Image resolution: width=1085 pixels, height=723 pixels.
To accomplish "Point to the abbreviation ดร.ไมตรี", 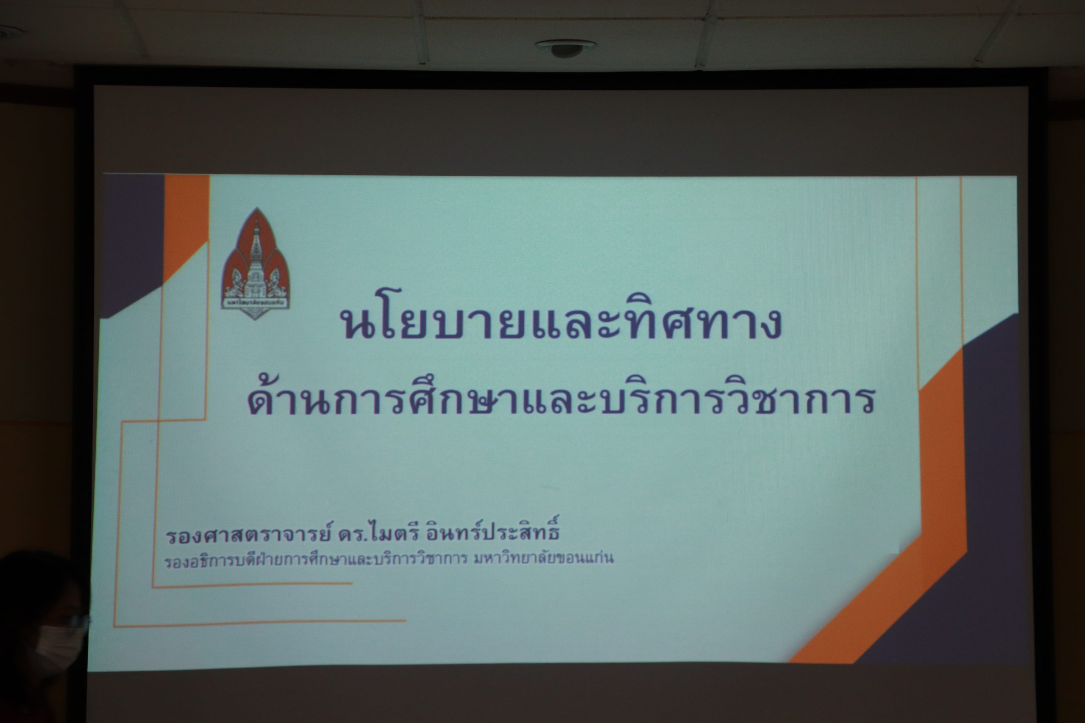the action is coord(378,535).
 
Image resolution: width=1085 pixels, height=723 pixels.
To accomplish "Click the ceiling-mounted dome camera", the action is coord(565,48).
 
